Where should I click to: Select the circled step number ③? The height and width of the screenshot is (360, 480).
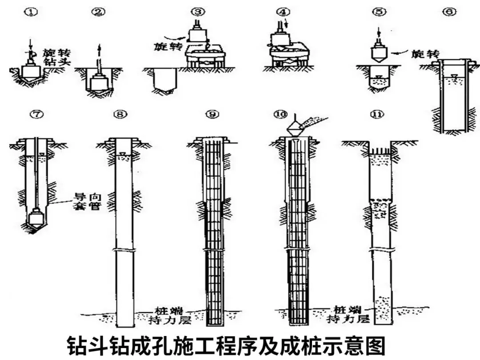[x=197, y=12]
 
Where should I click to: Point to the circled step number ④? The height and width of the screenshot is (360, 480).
[x=281, y=12]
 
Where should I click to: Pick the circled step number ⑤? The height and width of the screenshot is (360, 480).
[x=379, y=12]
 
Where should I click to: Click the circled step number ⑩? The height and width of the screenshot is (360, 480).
[x=280, y=114]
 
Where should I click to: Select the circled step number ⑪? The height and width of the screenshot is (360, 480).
[x=378, y=114]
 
